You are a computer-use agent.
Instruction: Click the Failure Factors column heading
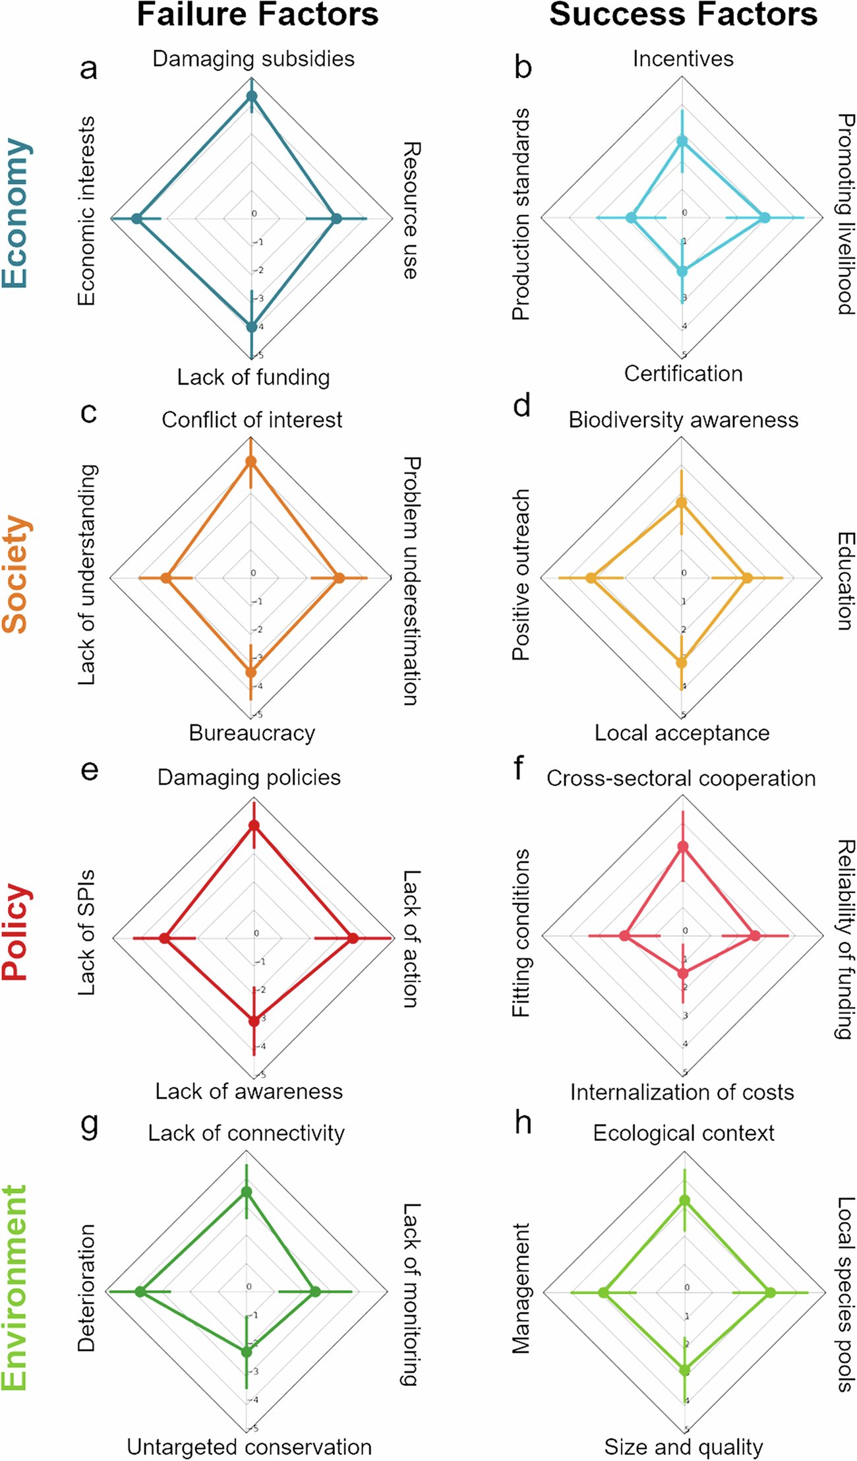[x=257, y=15]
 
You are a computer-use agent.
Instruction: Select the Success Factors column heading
[x=683, y=15]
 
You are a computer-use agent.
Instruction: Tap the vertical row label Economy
[x=16, y=213]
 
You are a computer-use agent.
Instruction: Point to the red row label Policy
[x=16, y=932]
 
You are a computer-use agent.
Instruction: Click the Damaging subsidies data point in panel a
[x=252, y=97]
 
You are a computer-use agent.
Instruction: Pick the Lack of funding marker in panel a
[x=252, y=327]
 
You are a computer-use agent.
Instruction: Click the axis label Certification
[x=683, y=374]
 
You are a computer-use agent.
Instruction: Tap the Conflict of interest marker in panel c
[x=251, y=462]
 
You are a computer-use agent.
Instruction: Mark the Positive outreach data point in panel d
[x=591, y=578]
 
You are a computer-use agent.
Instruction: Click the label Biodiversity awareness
[x=683, y=420]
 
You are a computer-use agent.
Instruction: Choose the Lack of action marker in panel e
[x=353, y=939]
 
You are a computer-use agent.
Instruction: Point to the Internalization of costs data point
[x=683, y=973]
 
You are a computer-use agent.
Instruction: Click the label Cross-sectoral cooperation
[x=681, y=778]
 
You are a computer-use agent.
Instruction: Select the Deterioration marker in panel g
[x=140, y=1291]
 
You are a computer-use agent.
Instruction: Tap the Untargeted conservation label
[x=249, y=1446]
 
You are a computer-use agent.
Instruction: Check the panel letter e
[x=89, y=770]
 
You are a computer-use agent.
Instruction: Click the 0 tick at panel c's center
[x=253, y=573]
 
